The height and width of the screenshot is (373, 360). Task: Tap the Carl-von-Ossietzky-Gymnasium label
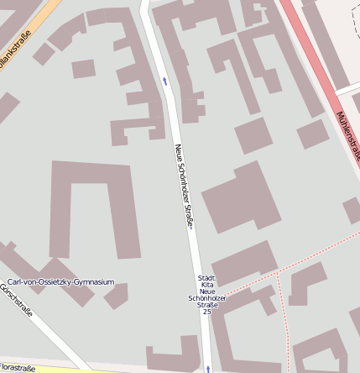point(60,282)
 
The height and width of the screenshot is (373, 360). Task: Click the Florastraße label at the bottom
point(17,367)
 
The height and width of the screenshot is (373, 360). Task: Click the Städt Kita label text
point(206,282)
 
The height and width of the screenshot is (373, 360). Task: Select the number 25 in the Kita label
point(206,312)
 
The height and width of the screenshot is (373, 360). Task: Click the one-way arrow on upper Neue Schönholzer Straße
point(164,81)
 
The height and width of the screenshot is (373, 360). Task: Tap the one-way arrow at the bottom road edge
point(207,368)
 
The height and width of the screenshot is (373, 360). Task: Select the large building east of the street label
point(241,198)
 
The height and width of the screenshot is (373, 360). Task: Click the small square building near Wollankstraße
point(83,68)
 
